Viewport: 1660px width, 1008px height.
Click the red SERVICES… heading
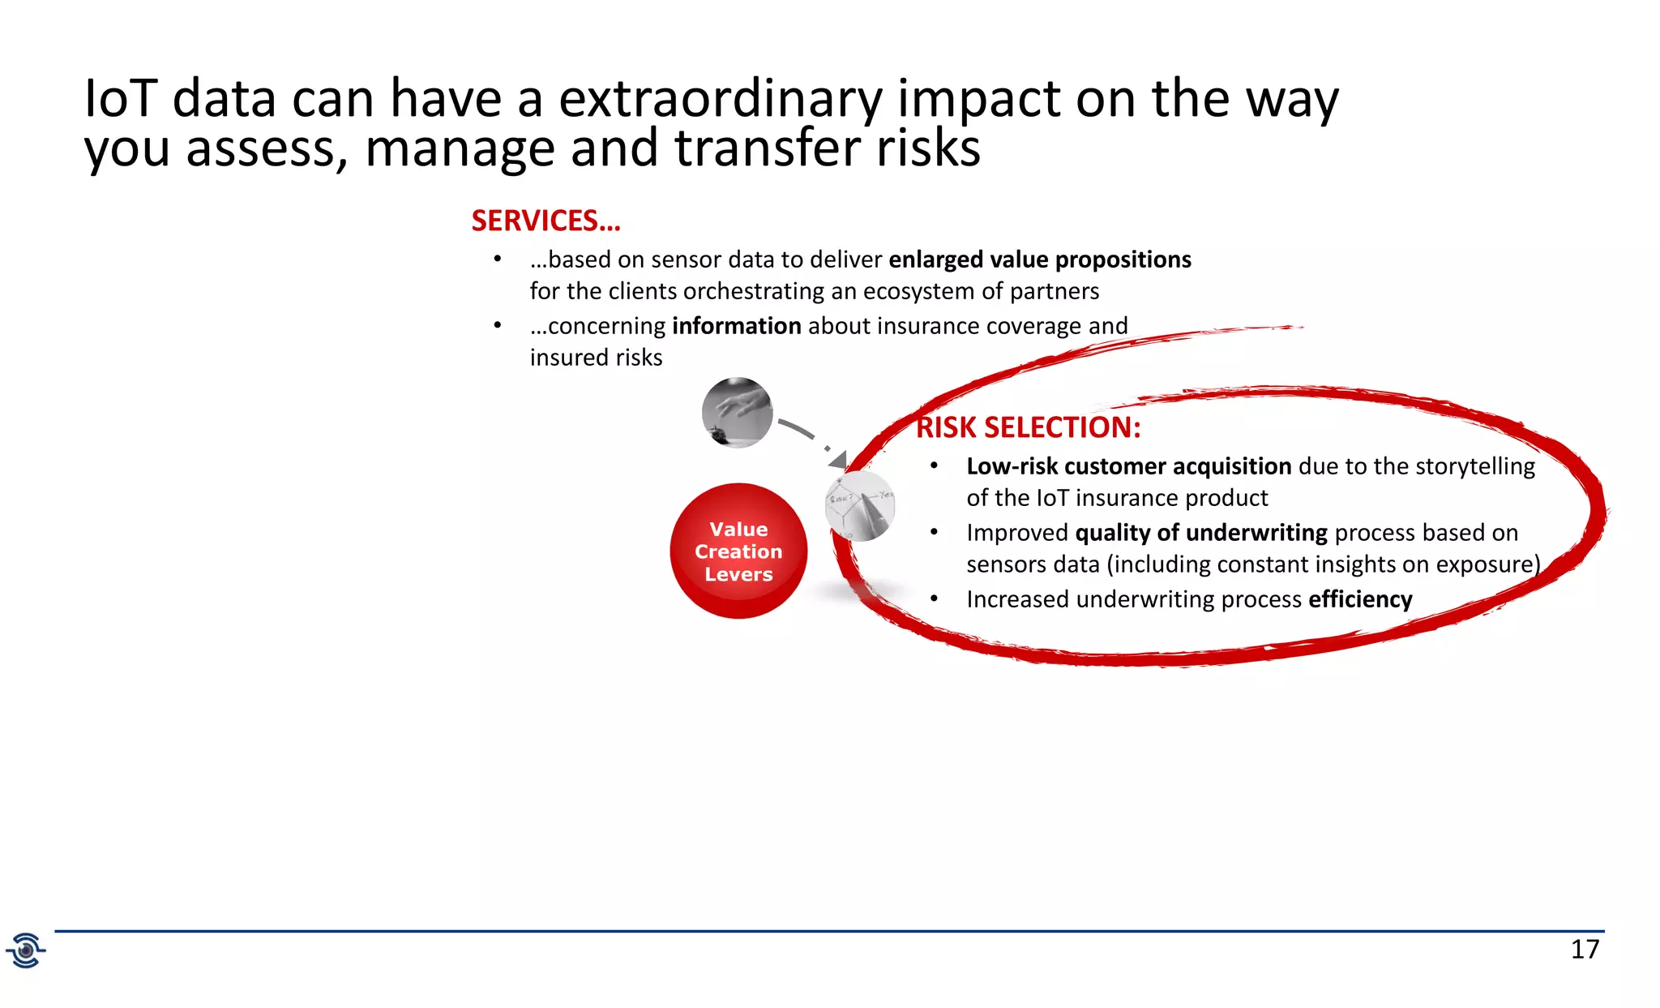pos(545,221)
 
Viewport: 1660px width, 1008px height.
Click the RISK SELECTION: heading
pos(1028,427)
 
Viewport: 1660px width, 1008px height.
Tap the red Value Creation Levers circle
pos(738,551)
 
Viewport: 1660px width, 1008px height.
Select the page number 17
pos(1585,949)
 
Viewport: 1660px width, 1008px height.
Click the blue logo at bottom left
pos(26,950)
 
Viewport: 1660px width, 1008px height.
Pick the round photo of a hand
pos(737,413)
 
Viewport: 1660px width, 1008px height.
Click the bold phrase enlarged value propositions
pos(1039,260)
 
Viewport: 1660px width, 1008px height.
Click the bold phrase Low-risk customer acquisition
pos(1128,466)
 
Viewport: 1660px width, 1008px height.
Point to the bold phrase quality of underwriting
pos(1200,533)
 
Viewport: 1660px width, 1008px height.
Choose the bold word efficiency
pos(1359,599)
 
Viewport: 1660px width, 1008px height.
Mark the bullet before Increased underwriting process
pos(934,599)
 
